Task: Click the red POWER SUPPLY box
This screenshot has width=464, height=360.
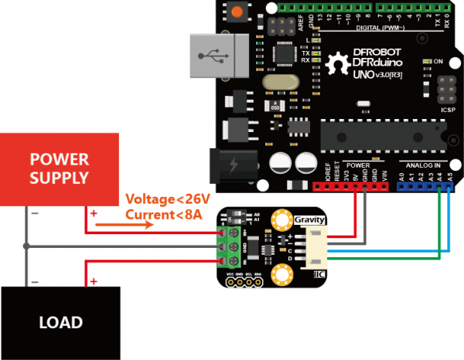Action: point(59,169)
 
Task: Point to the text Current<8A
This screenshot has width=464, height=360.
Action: point(163,213)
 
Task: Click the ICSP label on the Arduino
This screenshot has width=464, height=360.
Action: point(446,109)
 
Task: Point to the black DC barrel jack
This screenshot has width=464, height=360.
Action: point(228,165)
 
